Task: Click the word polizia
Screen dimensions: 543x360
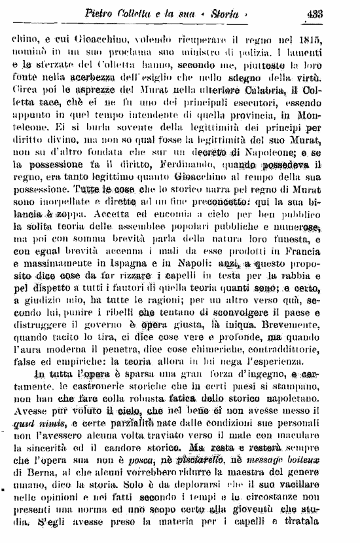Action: (245, 51)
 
